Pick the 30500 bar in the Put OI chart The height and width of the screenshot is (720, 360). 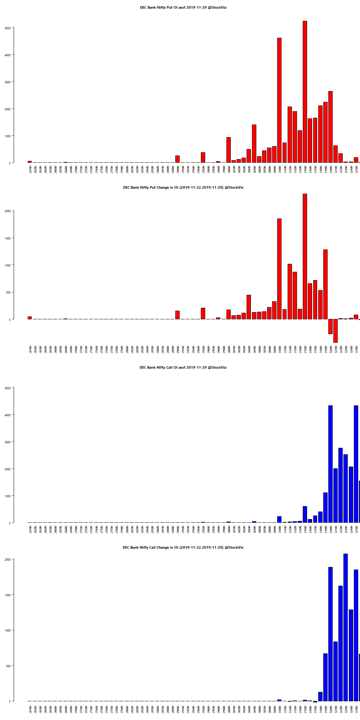(254, 144)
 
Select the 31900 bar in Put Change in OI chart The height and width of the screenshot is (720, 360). (325, 284)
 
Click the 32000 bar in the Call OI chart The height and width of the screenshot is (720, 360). (330, 464)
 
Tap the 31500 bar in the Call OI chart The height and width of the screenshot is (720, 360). (305, 514)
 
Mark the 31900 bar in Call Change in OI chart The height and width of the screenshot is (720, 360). (325, 677)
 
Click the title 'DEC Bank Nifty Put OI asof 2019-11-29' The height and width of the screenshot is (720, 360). (183, 8)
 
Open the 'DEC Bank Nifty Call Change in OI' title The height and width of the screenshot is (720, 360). (183, 548)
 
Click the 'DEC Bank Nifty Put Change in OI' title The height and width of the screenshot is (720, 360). (183, 188)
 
